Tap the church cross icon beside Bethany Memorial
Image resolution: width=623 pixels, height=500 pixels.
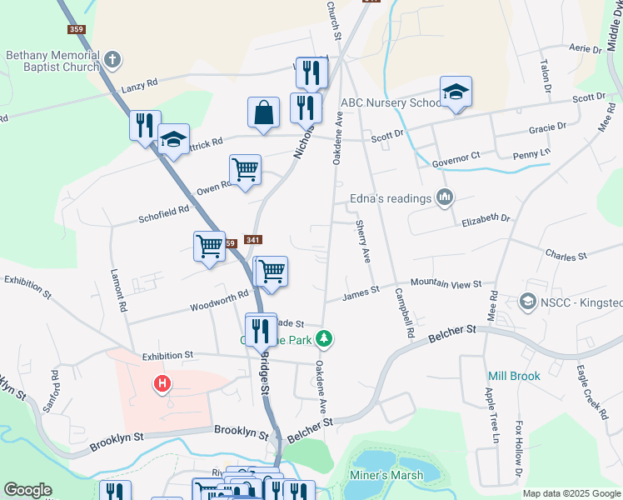112,60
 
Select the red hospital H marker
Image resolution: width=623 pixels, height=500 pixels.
162,384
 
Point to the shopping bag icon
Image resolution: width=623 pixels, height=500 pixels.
263,112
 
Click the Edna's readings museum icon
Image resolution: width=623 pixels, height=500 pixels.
445,198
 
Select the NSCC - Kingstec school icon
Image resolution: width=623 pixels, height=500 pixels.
526,300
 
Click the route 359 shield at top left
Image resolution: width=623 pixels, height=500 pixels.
77,29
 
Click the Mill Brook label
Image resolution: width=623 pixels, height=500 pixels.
514,376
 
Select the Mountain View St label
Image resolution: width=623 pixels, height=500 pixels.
446,284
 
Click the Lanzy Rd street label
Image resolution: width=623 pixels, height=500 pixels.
139,85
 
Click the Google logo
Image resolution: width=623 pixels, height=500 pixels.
27,490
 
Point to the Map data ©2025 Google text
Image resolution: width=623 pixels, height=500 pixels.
571,493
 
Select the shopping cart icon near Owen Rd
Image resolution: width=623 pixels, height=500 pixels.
245,170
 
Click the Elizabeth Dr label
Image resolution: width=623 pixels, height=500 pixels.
486,220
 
